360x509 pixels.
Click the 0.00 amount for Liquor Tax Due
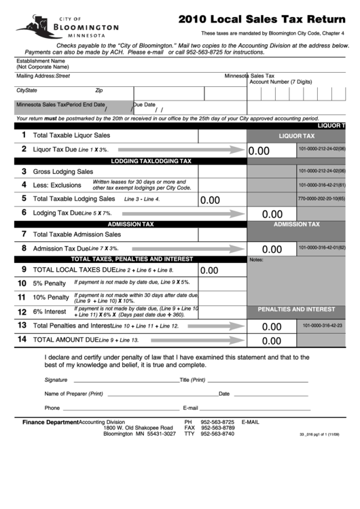coord(259,152)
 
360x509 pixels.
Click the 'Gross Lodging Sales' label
coord(63,172)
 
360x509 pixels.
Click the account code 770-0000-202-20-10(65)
coord(321,199)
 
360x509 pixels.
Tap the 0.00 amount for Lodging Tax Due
coord(272,214)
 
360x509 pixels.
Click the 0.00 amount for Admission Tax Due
coord(272,249)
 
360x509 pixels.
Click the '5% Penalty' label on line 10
coord(50,283)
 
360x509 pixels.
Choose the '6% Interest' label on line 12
coord(50,312)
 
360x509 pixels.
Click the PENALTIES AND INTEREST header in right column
coord(296,309)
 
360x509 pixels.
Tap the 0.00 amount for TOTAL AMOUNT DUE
coord(272,341)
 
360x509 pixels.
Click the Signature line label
coord(56,380)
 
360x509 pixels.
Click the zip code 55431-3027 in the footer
coord(160,434)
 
